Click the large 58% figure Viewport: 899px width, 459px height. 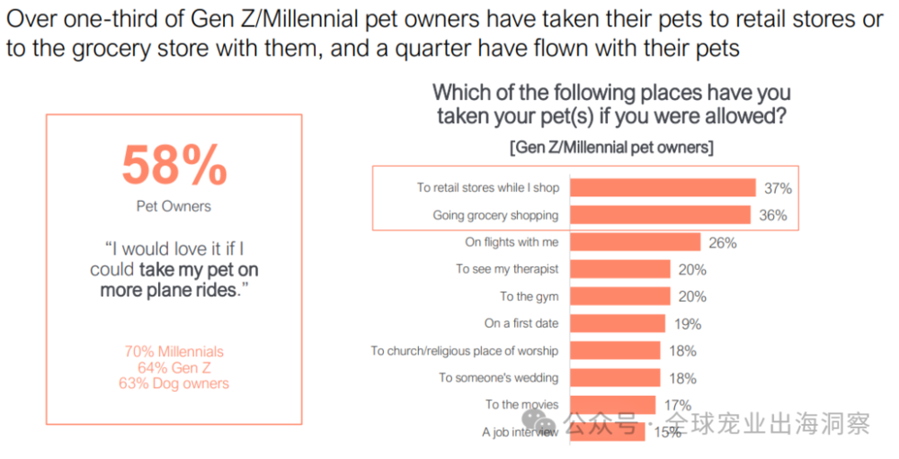pyautogui.click(x=174, y=165)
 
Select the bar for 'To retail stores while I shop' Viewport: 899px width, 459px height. pyautogui.click(x=663, y=187)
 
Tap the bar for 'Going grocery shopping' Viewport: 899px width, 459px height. pyautogui.click(x=661, y=214)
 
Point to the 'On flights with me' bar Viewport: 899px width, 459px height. pyautogui.click(x=636, y=242)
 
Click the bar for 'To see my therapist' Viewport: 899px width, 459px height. pyautogui.click(x=620, y=269)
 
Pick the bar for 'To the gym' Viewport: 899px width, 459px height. pyautogui.click(x=620, y=296)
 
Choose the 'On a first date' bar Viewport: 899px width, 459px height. pyautogui.click(x=618, y=323)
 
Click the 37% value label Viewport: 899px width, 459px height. pyautogui.click(x=778, y=188)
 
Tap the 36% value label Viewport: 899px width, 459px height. pyautogui.click(x=773, y=215)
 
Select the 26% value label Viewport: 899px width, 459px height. pyautogui.click(x=723, y=242)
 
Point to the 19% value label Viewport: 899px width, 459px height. pyautogui.click(x=688, y=324)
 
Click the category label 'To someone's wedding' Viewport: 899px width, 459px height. pyautogui.click(x=498, y=378)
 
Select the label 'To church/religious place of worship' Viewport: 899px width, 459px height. pyautogui.click(x=464, y=351)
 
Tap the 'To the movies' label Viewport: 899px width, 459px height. pyautogui.click(x=521, y=405)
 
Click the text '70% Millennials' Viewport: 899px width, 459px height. pyautogui.click(x=174, y=352)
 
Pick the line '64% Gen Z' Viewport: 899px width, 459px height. pyautogui.click(x=174, y=367)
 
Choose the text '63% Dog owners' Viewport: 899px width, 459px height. pyautogui.click(x=174, y=383)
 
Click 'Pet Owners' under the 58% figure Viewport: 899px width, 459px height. pyautogui.click(x=174, y=206)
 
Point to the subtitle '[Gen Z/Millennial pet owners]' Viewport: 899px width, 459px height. pyautogui.click(x=611, y=147)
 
